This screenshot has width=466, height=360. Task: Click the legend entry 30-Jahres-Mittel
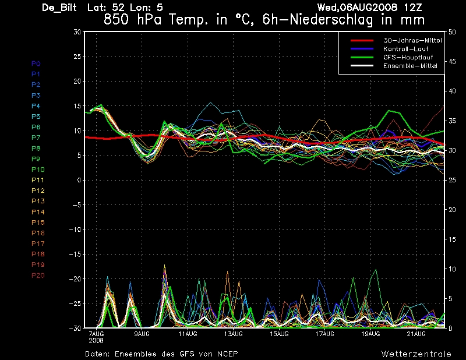pos(412,40)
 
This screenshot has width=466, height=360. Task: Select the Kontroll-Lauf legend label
pos(405,49)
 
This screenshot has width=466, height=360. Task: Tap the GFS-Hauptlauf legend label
pos(408,57)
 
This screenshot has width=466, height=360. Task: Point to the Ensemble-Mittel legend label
pos(410,66)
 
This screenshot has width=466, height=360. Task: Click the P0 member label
pos(36,63)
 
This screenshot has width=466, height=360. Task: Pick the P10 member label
pos(38,170)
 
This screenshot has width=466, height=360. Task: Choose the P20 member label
pos(38,276)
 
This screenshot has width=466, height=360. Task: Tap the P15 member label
pos(38,223)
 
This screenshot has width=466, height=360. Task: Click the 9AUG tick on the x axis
pos(142,334)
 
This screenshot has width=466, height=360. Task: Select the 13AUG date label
pos(234,334)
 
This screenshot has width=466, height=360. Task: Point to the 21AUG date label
pos(416,334)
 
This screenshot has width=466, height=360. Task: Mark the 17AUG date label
pos(325,334)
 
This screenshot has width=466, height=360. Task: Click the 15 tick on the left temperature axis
pos(77,106)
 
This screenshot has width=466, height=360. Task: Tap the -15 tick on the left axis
pos(75,254)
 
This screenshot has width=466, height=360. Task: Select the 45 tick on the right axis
pos(452,62)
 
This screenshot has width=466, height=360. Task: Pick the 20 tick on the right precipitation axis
pos(452,210)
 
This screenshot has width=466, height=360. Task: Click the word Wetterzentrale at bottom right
pos(416,354)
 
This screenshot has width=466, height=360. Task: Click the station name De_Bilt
pos(59,8)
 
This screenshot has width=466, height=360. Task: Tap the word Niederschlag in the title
pos(331,20)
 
